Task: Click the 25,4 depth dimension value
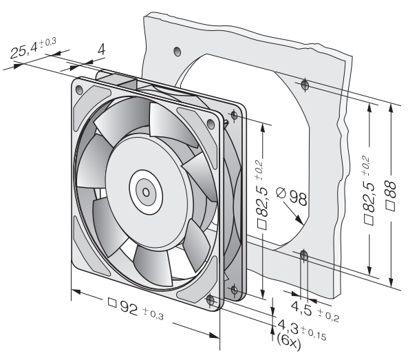(x=24, y=51)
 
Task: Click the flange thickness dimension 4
(x=101, y=49)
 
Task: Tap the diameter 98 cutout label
(x=292, y=197)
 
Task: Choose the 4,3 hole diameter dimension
(x=288, y=328)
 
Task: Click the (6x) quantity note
(x=288, y=341)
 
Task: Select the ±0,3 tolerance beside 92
(x=153, y=313)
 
